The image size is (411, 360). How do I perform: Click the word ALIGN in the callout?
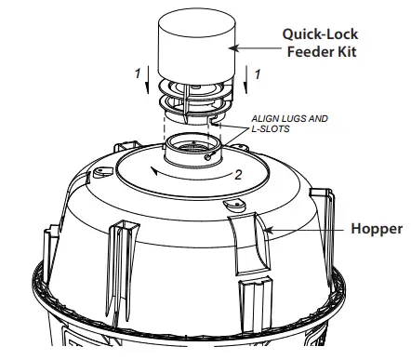click(x=266, y=120)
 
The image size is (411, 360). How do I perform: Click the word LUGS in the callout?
click(x=298, y=120)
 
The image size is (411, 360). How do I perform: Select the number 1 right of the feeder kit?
click(x=258, y=72)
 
